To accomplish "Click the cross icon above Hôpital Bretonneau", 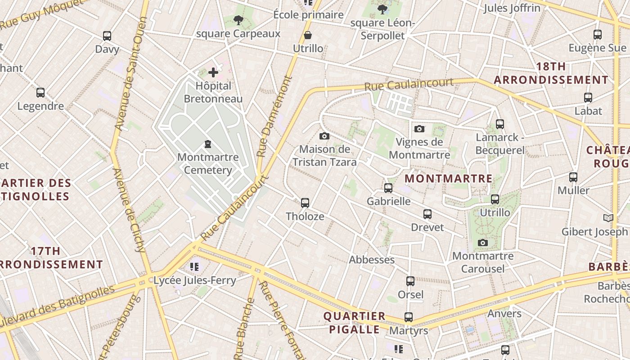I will click(213, 72).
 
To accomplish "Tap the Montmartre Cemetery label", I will click(208, 164).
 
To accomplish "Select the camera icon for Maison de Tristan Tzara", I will click(324, 136).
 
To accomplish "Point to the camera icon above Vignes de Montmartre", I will click(419, 129).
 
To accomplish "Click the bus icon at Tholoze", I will click(305, 203).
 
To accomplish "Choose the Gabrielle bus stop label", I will click(389, 201).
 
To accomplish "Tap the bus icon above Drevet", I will click(427, 214).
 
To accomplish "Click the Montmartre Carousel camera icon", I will click(483, 243).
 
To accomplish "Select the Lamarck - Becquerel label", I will click(500, 144).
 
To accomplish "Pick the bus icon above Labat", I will click(588, 97).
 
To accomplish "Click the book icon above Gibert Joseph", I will click(608, 218).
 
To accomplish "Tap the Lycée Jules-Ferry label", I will click(195, 280).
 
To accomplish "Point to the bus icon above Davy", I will click(107, 36).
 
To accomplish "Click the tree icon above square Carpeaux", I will click(238, 20).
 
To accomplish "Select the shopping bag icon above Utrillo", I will click(308, 35).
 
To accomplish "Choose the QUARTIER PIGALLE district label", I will click(354, 323).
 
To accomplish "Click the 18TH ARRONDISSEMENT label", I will click(551, 73).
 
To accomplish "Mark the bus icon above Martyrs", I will click(409, 317).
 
